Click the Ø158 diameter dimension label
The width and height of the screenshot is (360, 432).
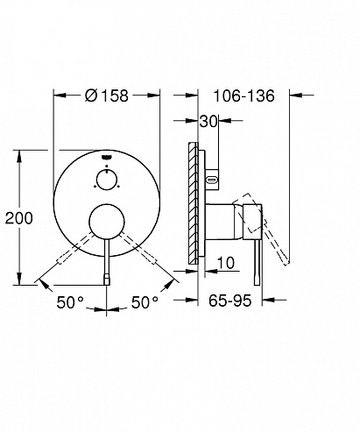(x=107, y=96)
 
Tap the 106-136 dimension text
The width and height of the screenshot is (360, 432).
(x=244, y=96)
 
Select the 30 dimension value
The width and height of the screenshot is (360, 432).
(x=208, y=122)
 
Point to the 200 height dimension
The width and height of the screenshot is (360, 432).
(x=19, y=218)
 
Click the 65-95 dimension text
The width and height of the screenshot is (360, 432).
(x=229, y=301)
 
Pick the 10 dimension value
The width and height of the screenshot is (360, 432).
(x=226, y=263)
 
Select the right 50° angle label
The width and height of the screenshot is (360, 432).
(x=145, y=302)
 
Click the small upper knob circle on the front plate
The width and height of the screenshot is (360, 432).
(x=107, y=180)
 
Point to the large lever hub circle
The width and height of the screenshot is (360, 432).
(x=107, y=223)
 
